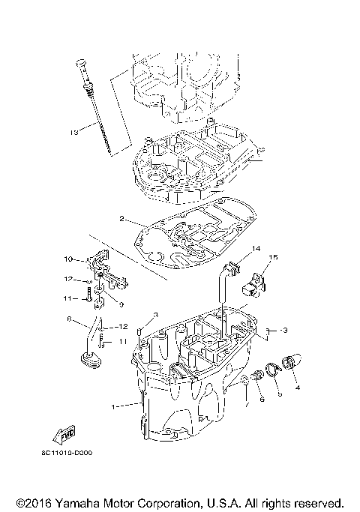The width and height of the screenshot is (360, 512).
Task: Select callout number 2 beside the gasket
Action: pos(121,219)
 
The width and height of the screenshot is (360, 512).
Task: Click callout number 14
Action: pos(255,248)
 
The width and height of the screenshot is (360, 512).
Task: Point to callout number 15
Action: pos(273,257)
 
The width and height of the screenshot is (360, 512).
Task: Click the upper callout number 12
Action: pos(67,279)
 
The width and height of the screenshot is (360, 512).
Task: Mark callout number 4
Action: pos(297,388)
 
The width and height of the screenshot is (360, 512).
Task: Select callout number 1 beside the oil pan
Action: pos(114,407)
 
